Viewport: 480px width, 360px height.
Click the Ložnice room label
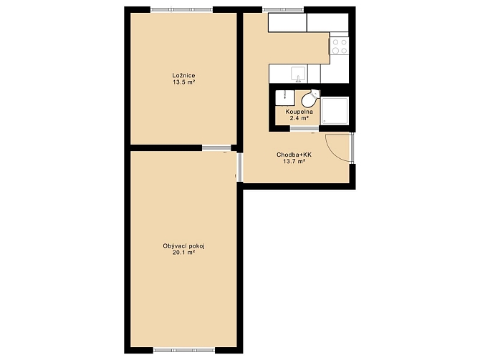click(x=183, y=76)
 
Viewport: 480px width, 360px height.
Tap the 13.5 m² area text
click(x=184, y=82)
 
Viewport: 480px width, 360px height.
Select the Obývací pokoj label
click(x=183, y=246)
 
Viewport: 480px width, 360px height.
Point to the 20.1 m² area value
click(x=184, y=253)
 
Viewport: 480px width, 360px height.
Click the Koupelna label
click(x=299, y=112)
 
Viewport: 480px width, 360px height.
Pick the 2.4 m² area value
click(x=299, y=118)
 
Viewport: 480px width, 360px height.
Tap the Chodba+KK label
click(x=294, y=155)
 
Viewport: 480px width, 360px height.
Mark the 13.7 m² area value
click(x=294, y=162)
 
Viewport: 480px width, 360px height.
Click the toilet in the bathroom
click(x=310, y=97)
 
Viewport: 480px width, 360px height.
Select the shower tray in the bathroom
click(x=335, y=111)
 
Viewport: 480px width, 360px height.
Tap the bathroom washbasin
click(x=284, y=98)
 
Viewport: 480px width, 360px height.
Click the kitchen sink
click(x=298, y=74)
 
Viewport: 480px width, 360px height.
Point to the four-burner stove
click(x=340, y=47)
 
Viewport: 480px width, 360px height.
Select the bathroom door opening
click(x=304, y=128)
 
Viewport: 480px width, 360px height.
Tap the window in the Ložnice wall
click(x=181, y=9)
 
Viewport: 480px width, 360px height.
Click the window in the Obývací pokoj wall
click(x=184, y=350)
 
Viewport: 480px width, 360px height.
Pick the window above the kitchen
click(x=283, y=9)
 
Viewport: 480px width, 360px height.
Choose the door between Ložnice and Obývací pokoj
click(x=216, y=148)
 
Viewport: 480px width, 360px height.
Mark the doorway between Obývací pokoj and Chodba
click(x=240, y=167)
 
